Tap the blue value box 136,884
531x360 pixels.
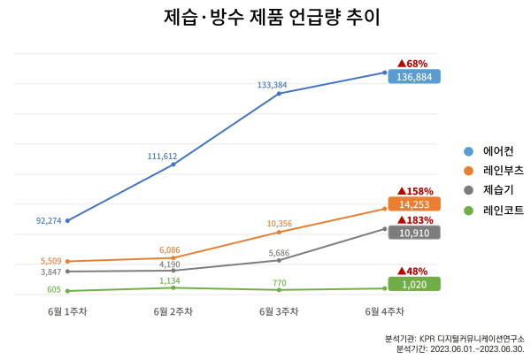[414, 77]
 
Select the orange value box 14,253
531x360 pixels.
[414, 203]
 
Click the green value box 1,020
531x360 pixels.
[414, 284]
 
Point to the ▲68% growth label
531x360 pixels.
[412, 63]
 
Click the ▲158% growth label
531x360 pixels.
[415, 190]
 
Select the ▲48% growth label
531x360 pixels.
[412, 271]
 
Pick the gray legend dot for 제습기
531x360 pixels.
[469, 190]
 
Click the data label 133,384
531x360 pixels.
[272, 85]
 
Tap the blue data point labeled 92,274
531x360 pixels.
[68, 220]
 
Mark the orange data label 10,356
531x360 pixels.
[278, 223]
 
